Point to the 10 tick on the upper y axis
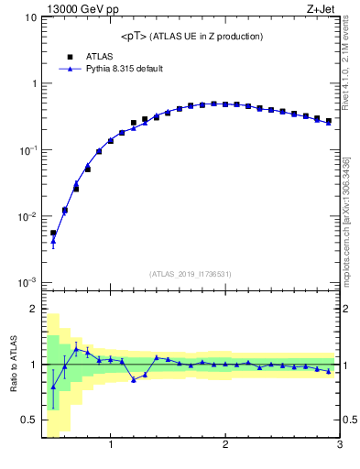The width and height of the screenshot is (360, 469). click(x=31, y=17)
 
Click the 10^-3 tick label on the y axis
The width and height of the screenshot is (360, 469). click(x=27, y=283)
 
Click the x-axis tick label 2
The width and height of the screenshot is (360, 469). click(x=225, y=445)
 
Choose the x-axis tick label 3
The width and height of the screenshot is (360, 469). click(x=339, y=445)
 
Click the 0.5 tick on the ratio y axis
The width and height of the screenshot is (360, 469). click(x=29, y=420)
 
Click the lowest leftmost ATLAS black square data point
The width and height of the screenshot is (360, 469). click(x=53, y=233)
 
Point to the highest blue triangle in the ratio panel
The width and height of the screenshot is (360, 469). click(x=76, y=349)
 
